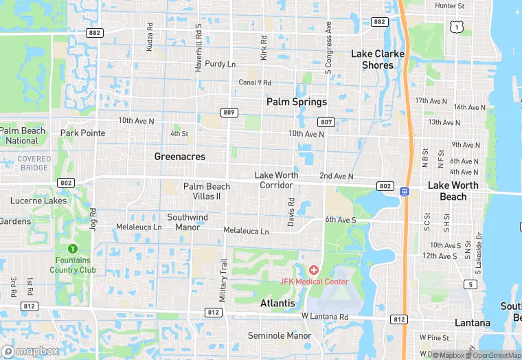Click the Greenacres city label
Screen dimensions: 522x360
179,157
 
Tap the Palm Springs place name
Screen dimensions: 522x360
297,102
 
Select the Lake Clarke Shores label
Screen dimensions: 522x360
378,59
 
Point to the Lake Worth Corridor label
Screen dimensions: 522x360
277,180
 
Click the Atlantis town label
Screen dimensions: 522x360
277,303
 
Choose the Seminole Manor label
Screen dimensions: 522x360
280,336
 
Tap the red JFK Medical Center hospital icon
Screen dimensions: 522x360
314,270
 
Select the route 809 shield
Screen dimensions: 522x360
229,112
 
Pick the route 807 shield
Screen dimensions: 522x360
327,122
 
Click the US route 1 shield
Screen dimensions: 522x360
456,25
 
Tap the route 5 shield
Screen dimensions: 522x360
470,284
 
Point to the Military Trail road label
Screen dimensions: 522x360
223,278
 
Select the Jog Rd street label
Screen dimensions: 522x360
93,219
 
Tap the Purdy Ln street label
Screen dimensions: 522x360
220,64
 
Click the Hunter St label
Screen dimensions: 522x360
450,5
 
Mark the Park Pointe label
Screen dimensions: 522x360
82,133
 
